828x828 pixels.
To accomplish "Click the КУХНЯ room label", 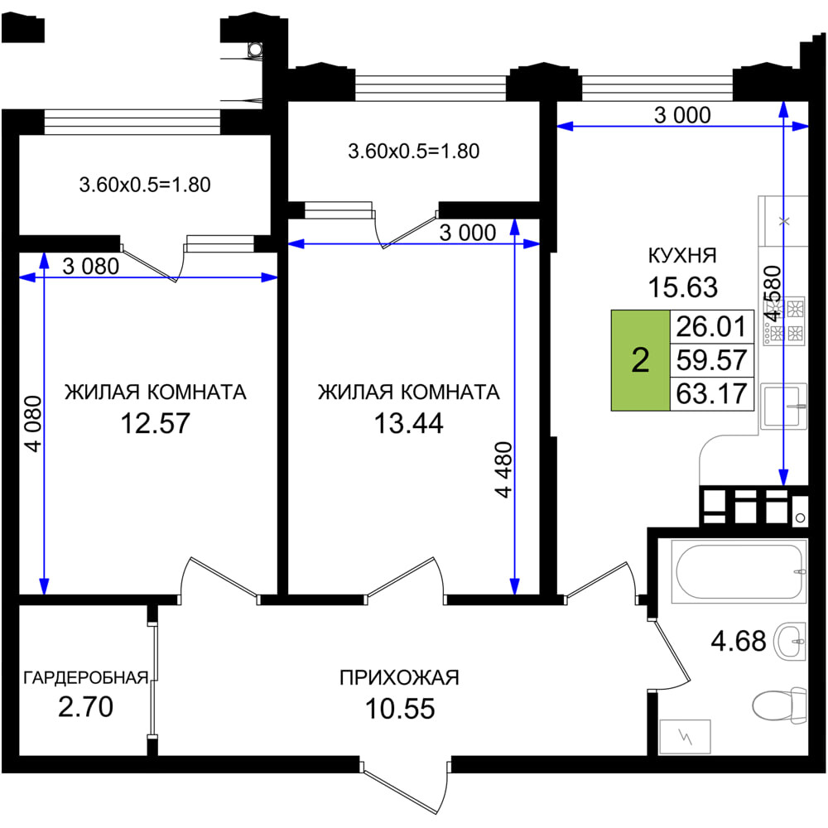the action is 682,256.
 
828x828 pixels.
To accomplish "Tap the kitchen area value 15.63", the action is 683,287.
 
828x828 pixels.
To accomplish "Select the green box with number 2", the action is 641,360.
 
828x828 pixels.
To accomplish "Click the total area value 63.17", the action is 711,394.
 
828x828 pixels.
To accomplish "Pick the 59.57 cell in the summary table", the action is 711,360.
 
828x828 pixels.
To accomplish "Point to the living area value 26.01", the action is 711,326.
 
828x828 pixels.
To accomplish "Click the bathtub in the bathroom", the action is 739,570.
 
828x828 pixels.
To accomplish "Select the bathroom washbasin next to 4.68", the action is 790,642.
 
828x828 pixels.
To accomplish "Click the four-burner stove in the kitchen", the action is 784,321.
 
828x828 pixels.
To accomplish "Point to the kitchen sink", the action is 783,406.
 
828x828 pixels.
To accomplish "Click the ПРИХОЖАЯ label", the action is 399,677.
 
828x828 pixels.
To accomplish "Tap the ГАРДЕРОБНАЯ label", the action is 85,677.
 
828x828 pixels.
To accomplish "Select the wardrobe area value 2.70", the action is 85,707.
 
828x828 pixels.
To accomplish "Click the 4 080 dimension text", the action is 33,423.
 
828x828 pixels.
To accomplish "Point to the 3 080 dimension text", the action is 91,267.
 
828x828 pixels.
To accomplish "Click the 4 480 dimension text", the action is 503,469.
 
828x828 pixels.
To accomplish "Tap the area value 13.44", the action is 409,423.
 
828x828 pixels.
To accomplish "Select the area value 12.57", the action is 156,423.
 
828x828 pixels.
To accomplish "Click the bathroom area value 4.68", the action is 739,642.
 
